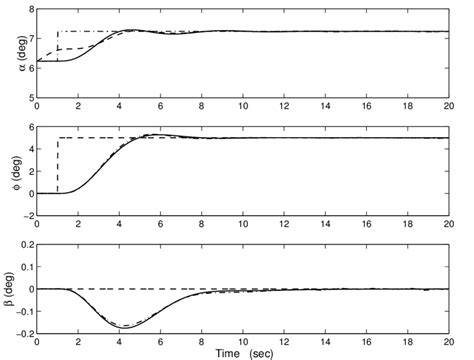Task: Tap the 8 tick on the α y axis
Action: click(29, 9)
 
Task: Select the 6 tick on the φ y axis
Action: click(29, 127)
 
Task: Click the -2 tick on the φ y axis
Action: click(26, 216)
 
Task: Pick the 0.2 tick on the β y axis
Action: click(24, 245)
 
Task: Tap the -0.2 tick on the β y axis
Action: click(22, 334)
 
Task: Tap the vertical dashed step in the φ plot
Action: click(58, 165)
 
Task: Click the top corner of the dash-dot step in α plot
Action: click(58, 32)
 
